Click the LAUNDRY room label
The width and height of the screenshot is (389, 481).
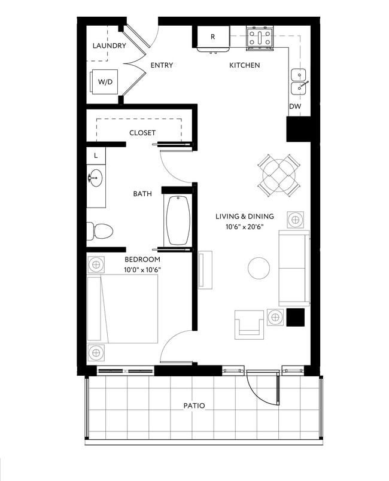109,46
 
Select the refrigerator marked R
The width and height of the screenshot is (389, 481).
212,37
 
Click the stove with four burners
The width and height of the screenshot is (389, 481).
259,38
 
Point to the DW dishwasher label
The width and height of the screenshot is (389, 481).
294,106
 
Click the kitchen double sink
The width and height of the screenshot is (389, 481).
299,82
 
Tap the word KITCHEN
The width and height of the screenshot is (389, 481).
244,65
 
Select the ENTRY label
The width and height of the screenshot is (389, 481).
162,65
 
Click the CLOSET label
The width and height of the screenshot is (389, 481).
142,133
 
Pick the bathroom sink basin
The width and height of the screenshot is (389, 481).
95,178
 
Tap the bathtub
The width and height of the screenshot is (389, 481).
178,220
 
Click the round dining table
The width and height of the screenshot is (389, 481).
278,174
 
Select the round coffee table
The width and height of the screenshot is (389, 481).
259,267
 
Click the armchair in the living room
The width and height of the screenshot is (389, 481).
250,324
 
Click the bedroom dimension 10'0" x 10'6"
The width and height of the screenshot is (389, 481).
142,269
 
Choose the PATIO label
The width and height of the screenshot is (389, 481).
194,406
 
